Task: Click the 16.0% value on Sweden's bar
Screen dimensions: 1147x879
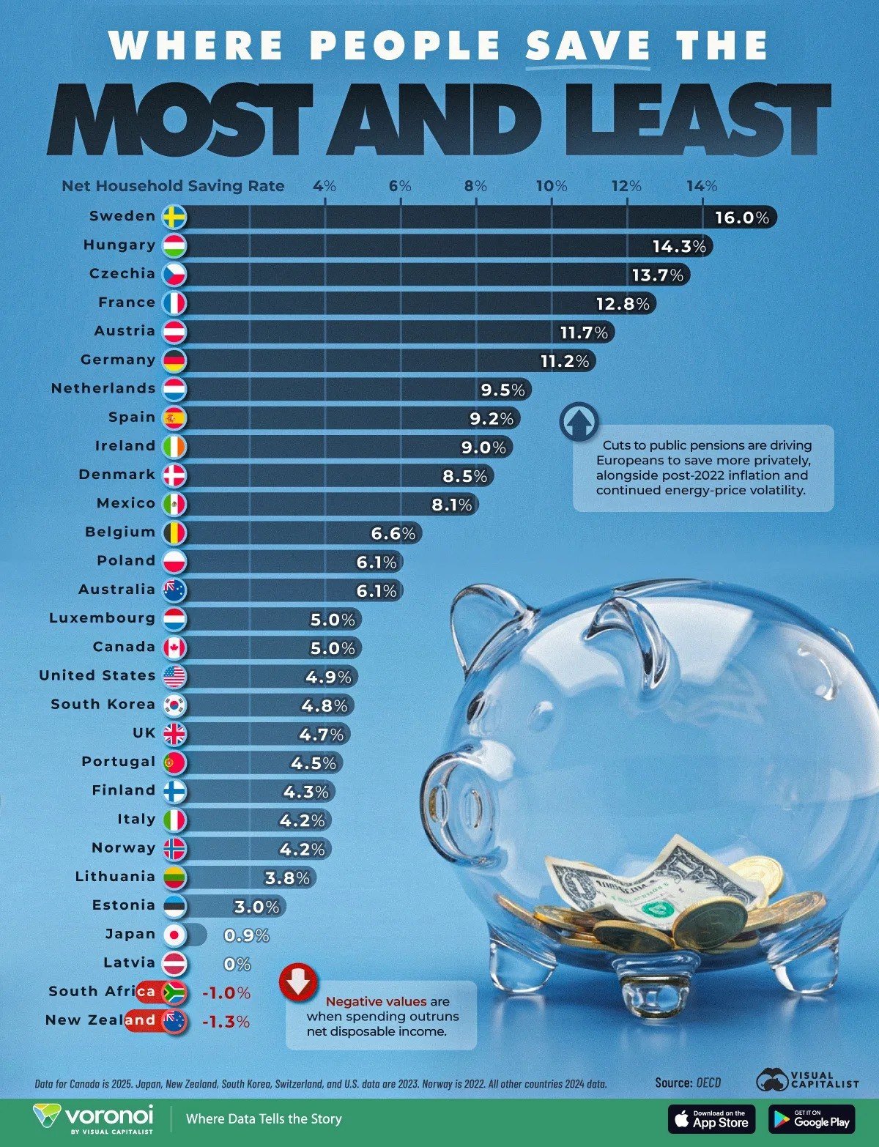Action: pos(742,218)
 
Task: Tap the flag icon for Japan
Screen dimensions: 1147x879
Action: pos(175,935)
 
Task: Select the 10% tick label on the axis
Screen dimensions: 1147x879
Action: pos(551,186)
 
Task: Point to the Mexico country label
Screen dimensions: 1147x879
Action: pos(126,503)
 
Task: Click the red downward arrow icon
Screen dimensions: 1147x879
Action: pos(298,982)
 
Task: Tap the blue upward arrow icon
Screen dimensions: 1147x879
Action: pos(579,422)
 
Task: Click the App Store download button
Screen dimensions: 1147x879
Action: pos(711,1118)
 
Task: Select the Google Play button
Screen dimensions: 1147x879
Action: pos(812,1118)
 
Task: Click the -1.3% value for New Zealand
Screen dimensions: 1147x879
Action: pos(225,1021)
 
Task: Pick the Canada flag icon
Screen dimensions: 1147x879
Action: pos(175,647)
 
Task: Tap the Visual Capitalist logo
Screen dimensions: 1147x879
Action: pos(806,1080)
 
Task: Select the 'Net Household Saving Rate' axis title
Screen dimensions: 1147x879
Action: pos(173,186)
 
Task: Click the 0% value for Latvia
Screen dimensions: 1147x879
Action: pos(237,964)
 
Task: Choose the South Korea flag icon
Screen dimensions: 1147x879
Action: pos(175,705)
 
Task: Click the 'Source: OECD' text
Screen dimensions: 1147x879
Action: pos(688,1083)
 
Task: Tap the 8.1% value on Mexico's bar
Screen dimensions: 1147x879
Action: pos(451,504)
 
